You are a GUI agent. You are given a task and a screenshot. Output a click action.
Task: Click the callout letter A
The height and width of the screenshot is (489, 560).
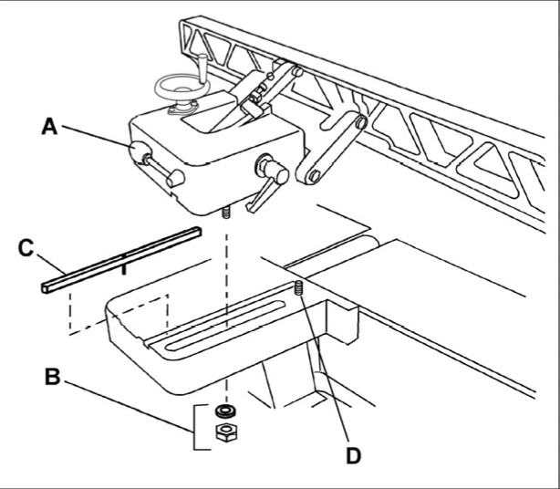click(x=49, y=127)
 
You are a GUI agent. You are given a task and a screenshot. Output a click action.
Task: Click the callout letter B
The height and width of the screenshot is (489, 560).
click(x=53, y=376)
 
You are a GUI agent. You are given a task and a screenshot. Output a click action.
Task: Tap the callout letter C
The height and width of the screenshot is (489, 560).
click(x=26, y=248)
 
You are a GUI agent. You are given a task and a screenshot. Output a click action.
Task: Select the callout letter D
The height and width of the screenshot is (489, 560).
click(x=353, y=456)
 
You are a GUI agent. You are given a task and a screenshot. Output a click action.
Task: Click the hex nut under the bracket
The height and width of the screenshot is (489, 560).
click(x=226, y=432)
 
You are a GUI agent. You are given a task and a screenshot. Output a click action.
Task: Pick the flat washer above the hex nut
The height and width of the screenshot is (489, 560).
click(x=226, y=411)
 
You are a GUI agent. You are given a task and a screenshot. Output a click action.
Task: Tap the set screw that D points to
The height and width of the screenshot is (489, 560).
click(x=299, y=288)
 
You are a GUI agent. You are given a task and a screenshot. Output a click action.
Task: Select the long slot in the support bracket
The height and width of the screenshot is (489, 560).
click(x=225, y=326)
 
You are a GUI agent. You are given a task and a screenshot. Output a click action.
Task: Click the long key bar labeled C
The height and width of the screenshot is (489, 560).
click(x=121, y=260)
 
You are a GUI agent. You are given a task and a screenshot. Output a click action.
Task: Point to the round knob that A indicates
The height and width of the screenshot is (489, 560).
click(x=139, y=151)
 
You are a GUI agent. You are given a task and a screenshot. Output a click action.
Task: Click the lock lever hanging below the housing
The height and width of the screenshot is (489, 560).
click(x=262, y=195)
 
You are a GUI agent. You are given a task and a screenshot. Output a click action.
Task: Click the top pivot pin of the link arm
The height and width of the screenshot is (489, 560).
click(x=361, y=122)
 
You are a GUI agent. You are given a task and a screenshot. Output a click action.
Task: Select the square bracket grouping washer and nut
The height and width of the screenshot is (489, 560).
click(x=201, y=427)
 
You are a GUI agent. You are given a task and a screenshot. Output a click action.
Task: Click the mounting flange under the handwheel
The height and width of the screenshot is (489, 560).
click(x=181, y=107)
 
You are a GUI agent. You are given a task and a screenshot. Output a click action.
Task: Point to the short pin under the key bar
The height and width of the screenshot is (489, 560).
click(x=123, y=269)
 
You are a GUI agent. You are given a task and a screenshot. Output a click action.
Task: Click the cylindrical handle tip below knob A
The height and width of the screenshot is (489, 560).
click(x=176, y=178)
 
